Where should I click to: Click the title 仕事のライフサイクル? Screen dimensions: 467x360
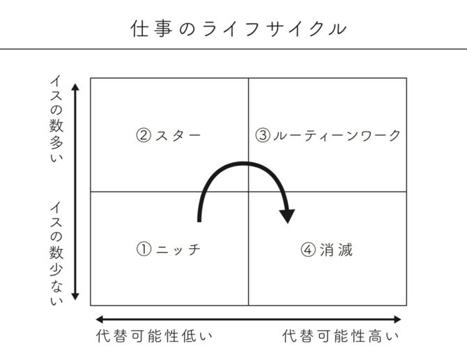(238, 29)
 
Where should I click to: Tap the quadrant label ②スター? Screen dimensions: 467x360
(169, 135)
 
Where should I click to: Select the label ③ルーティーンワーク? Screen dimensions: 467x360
(328, 135)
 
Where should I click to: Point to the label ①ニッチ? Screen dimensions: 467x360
(169, 249)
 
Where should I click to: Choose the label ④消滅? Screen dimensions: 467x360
(327, 249)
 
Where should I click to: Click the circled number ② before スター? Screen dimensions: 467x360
(144, 135)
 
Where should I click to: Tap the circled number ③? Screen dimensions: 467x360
(263, 135)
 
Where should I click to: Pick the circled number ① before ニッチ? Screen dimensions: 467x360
(144, 249)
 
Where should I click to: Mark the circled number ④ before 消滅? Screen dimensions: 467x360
(308, 249)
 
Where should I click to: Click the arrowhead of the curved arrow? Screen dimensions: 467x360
(287, 217)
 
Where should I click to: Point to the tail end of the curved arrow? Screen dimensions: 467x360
(199, 221)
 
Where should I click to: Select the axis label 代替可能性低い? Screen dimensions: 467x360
(154, 336)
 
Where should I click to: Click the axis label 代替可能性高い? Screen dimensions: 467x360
(340, 336)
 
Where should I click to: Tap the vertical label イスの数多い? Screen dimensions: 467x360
(56, 118)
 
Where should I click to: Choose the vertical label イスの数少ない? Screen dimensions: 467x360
(56, 253)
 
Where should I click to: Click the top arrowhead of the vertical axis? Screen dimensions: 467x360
(75, 86)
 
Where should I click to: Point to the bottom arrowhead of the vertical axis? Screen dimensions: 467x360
(75, 297)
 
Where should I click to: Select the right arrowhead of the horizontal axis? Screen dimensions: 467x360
(397, 320)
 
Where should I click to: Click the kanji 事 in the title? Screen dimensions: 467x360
(163, 29)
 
